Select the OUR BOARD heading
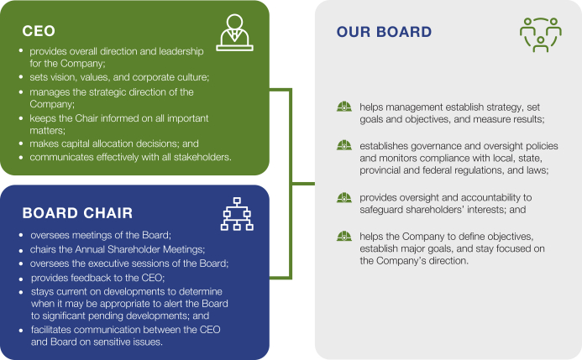click(x=384, y=33)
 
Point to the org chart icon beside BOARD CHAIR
click(x=236, y=215)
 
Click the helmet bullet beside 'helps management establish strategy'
click(x=343, y=107)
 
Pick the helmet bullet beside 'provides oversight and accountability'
click(x=343, y=197)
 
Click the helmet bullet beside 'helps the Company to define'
click(x=343, y=236)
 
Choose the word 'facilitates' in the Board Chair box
click(x=56, y=330)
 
